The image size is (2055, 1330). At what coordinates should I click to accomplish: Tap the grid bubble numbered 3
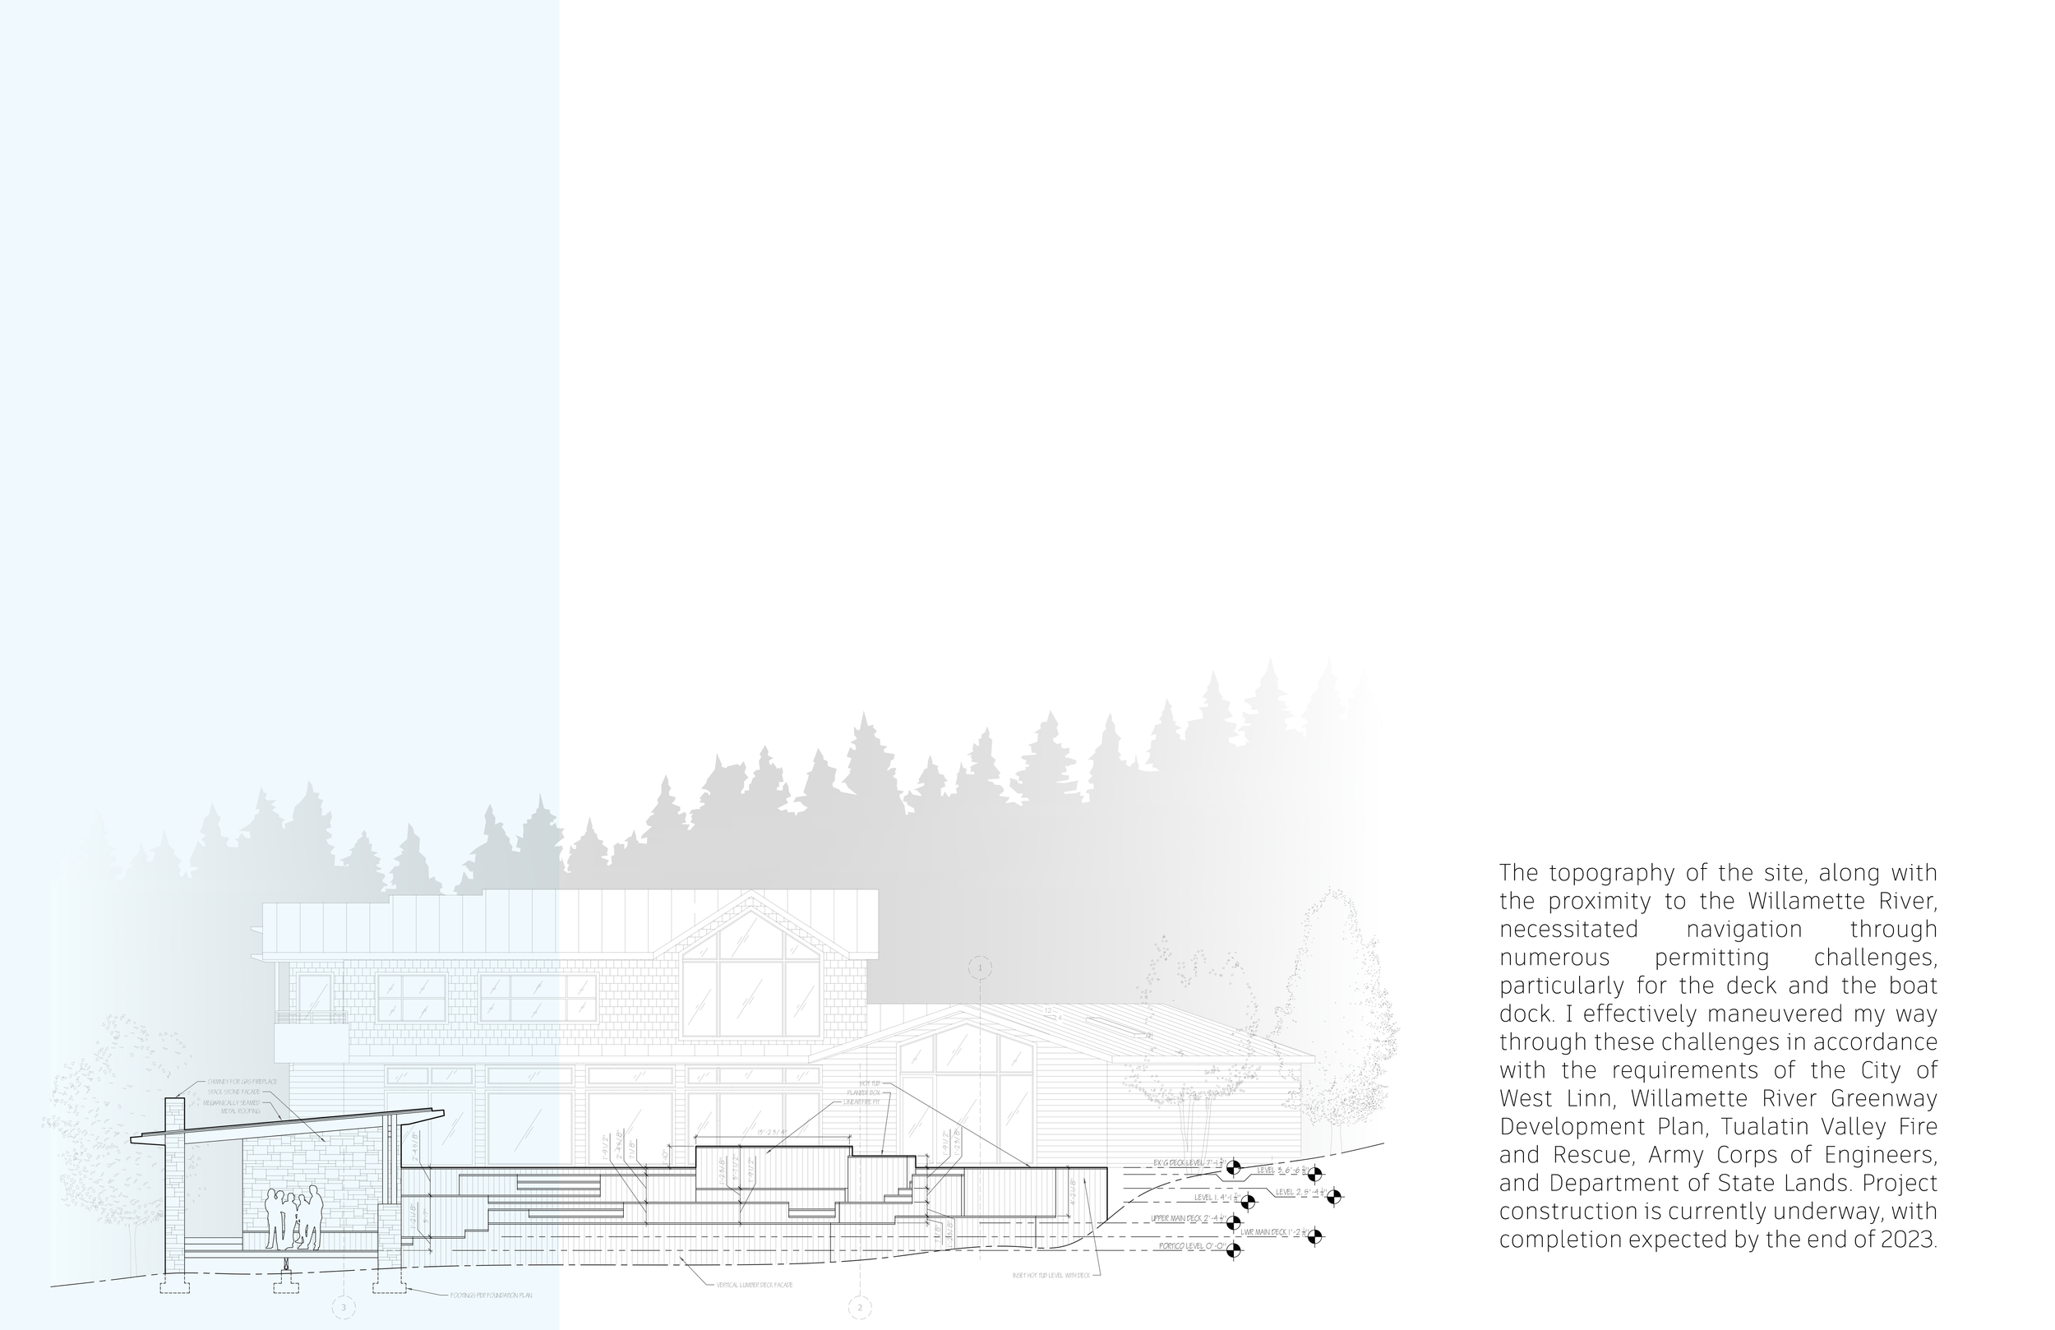pyautogui.click(x=344, y=1309)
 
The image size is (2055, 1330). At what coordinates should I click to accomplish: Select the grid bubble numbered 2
pyautogui.click(x=860, y=1309)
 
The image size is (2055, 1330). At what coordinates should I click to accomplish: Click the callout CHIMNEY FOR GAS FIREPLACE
pyautogui.click(x=242, y=1081)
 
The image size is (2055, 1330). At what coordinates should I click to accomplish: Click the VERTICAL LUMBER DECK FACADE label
pyautogui.click(x=754, y=1285)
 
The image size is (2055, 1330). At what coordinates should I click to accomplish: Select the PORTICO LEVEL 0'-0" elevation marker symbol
pyautogui.click(x=1233, y=1247)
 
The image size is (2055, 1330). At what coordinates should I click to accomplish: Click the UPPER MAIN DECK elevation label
pyautogui.click(x=1188, y=1218)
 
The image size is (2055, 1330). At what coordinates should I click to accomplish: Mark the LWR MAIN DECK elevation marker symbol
pyautogui.click(x=1314, y=1237)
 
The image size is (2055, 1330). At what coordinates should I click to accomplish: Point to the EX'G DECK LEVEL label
pyautogui.click(x=1188, y=1163)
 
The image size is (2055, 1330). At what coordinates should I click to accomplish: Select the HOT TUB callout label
pyautogui.click(x=869, y=1083)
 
